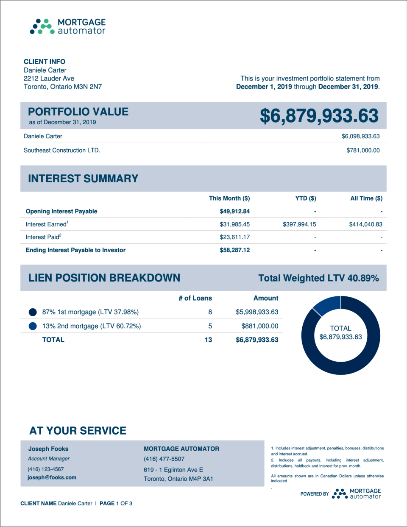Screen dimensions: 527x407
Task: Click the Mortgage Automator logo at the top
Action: point(68,26)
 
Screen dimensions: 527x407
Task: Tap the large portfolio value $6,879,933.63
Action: point(319,116)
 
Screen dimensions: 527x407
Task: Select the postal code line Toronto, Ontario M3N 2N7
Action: point(63,86)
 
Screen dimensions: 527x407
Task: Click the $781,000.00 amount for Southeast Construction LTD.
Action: point(363,150)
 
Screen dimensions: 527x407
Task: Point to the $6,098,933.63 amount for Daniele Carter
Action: point(360,136)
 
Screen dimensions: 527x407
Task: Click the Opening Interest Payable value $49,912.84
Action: point(234,211)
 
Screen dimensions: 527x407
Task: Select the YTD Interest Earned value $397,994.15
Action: point(299,224)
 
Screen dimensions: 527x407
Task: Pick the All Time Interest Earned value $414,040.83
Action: point(365,224)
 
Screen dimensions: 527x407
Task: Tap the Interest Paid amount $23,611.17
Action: point(234,237)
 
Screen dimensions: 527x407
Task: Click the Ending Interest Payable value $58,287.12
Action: point(234,250)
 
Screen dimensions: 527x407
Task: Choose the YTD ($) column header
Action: point(306,198)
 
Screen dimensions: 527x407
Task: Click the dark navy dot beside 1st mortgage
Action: point(33,312)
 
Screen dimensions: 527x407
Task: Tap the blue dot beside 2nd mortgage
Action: point(33,326)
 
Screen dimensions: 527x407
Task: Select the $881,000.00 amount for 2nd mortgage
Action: point(259,326)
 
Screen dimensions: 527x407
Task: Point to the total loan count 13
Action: point(208,340)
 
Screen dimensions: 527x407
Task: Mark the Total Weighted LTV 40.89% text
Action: point(318,278)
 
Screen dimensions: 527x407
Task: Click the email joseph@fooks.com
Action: point(52,477)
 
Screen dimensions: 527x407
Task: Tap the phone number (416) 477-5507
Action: point(164,459)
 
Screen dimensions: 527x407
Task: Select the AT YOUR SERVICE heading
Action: point(78,431)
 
